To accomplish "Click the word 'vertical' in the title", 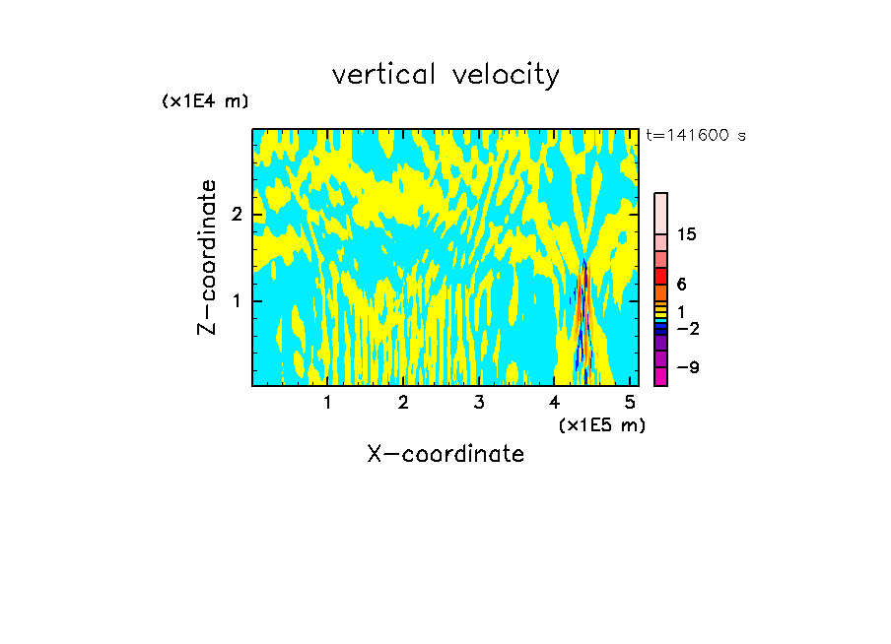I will [x=382, y=75].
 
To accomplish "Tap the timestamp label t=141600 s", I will [x=696, y=136].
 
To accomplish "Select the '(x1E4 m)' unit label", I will [x=205, y=101].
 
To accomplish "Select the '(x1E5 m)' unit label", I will [x=601, y=424].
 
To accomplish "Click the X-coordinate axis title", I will [x=445, y=454].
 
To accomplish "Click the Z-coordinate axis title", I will [x=207, y=257].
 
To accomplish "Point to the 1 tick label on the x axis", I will [x=327, y=403].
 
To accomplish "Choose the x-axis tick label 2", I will [x=403, y=403].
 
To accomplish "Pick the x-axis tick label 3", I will [x=479, y=403].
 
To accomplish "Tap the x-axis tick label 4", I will [x=555, y=403].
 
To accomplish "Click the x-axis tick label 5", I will [x=631, y=403].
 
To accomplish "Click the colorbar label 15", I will [x=687, y=234].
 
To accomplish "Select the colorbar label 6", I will [x=682, y=284].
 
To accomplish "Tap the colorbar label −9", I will [x=688, y=367].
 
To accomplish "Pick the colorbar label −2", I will [x=688, y=328].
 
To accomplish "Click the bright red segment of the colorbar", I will [x=661, y=276].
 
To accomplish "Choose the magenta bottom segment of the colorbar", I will [x=661, y=376].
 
